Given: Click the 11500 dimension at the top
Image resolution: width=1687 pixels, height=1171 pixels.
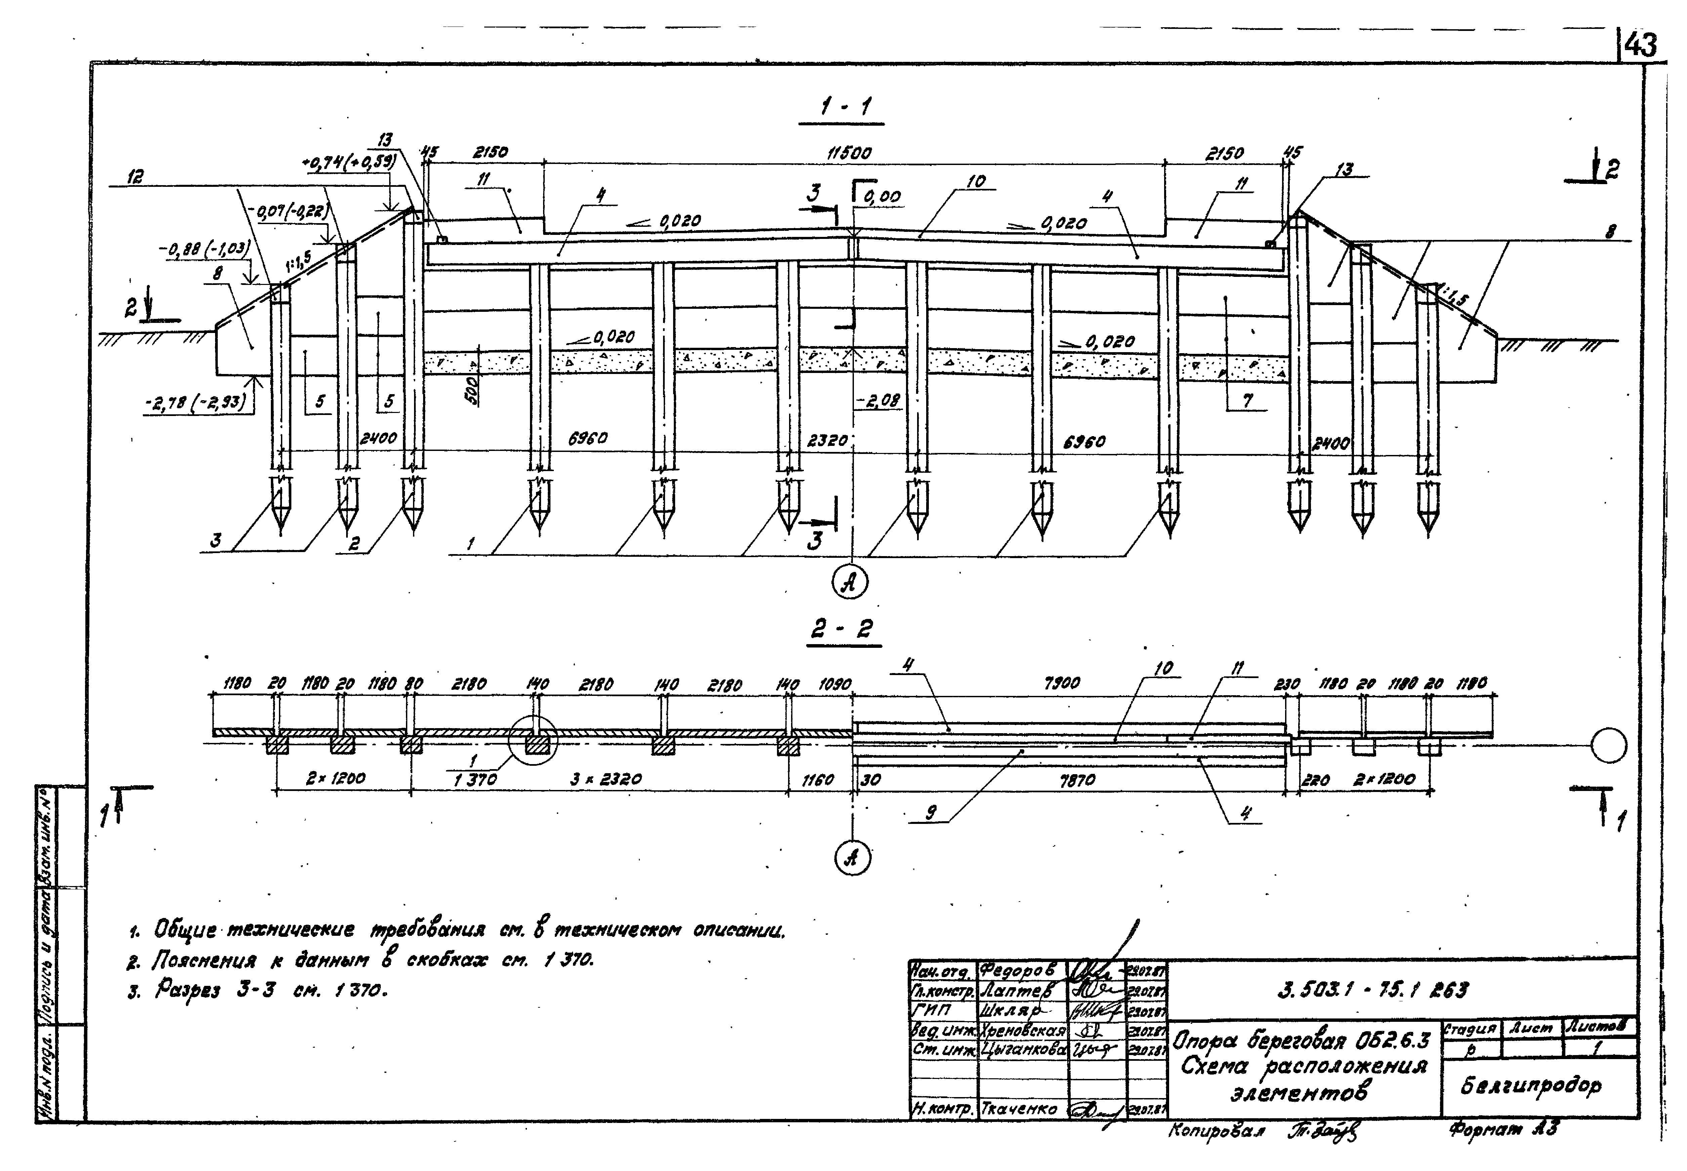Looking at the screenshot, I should click(x=849, y=153).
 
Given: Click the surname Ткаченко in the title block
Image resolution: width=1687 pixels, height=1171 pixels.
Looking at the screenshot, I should click(x=1019, y=1110).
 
